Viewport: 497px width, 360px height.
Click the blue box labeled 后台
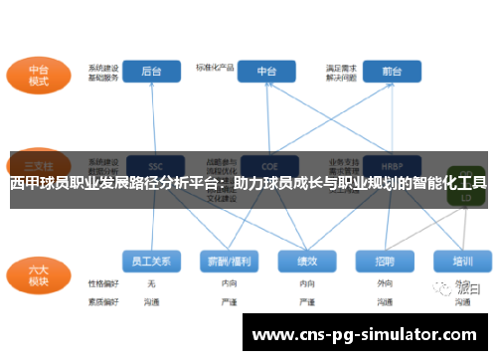click(151, 72)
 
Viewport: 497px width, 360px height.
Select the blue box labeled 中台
click(267, 72)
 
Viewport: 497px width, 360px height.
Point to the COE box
click(267, 164)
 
